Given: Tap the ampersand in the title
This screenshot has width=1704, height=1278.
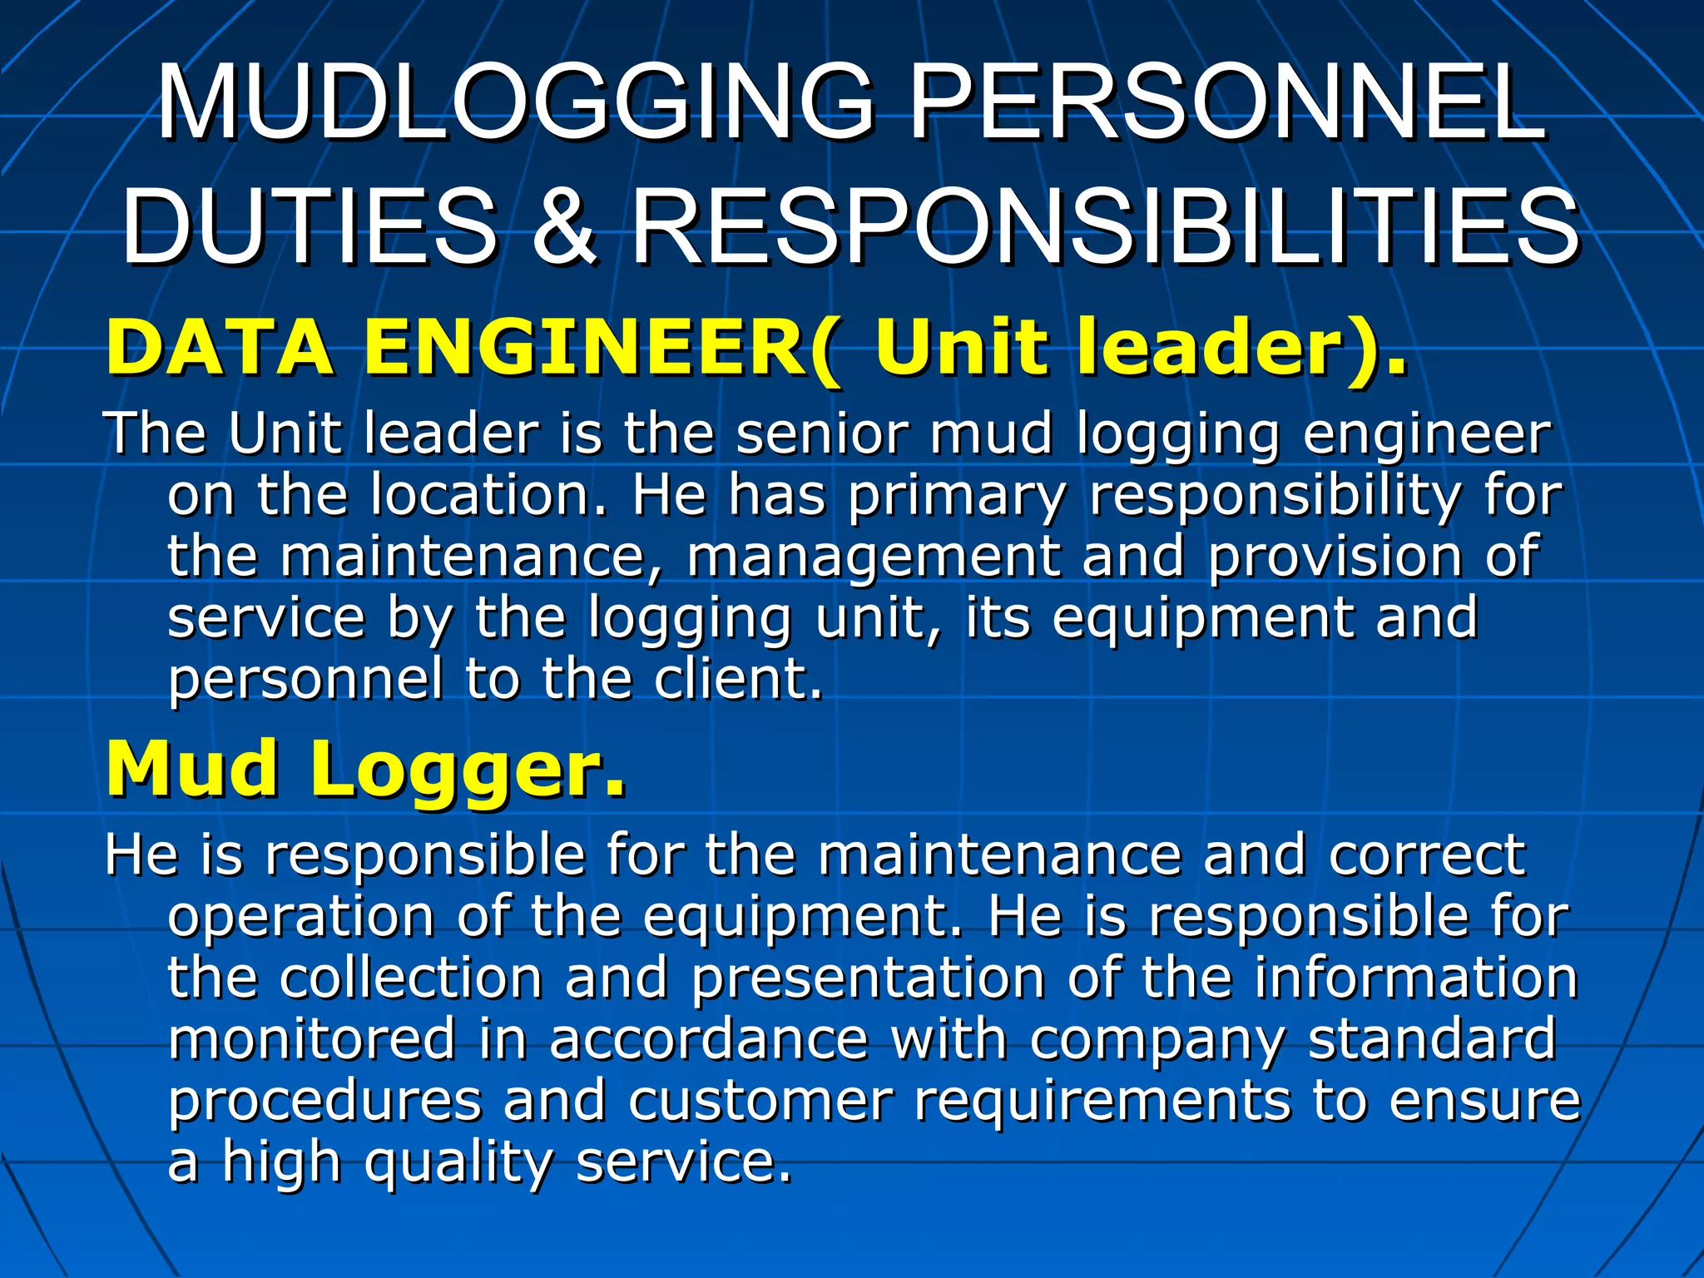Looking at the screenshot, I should tap(564, 227).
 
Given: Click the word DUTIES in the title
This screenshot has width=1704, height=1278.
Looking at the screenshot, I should tap(310, 227).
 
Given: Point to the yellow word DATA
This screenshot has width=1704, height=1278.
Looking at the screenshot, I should tap(220, 348).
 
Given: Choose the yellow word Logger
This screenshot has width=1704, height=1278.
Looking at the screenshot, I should tap(467, 770).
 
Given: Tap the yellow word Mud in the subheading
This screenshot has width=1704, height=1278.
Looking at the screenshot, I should tap(192, 770).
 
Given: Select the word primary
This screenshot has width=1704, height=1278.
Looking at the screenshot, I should tap(956, 497).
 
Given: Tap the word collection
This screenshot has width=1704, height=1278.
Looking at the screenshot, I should tap(411, 977).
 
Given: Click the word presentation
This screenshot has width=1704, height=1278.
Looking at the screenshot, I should tap(868, 978).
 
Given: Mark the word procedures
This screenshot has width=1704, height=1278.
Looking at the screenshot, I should tap(325, 1102).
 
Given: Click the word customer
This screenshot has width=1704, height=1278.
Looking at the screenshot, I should tap(760, 1100).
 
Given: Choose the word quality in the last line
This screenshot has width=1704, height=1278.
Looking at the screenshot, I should tap(458, 1163).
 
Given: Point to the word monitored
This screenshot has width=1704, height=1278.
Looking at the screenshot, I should tap(312, 1038).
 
